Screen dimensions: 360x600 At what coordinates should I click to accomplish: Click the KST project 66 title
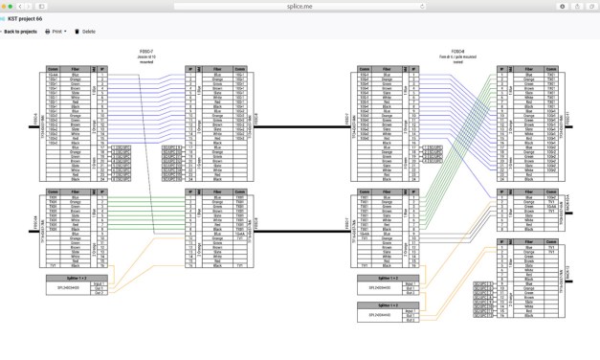(x=26, y=19)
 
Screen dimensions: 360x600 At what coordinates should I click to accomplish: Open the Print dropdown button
(x=56, y=32)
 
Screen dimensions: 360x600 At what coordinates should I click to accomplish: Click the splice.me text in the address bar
(x=299, y=6)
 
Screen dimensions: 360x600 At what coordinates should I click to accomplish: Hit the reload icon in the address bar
(x=423, y=6)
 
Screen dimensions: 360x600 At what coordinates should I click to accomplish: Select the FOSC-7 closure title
(x=145, y=52)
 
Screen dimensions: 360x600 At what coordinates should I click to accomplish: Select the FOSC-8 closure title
(x=457, y=52)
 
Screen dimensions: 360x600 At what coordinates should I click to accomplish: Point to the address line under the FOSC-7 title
(x=145, y=56)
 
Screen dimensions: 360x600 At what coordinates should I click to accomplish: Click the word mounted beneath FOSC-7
(x=145, y=61)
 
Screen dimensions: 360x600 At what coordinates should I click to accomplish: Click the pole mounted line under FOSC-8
(x=457, y=56)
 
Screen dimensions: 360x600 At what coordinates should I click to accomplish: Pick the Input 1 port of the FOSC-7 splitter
(x=98, y=283)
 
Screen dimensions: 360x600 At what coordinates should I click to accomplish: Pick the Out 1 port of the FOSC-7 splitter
(x=99, y=288)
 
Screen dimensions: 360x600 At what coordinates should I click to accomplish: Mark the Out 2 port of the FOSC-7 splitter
(x=99, y=293)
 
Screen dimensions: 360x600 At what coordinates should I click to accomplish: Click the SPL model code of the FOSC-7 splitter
(x=69, y=288)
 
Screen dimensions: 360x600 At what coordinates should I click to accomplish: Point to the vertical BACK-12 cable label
(x=568, y=281)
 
